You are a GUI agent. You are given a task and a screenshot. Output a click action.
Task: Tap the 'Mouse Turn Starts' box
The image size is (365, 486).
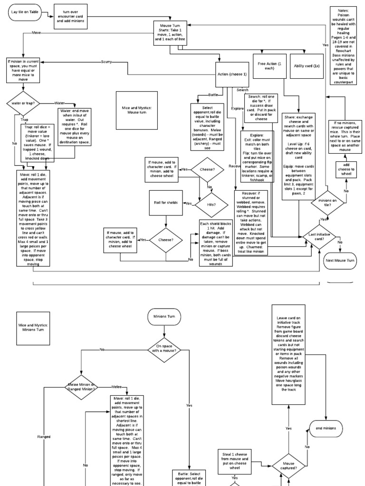click(167, 34)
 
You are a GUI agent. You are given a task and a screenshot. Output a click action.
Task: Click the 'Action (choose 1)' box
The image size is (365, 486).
click(231, 75)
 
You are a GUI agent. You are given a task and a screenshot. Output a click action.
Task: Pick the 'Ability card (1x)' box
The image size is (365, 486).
click(307, 66)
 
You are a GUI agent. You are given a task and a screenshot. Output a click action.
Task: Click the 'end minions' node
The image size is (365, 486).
click(326, 428)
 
